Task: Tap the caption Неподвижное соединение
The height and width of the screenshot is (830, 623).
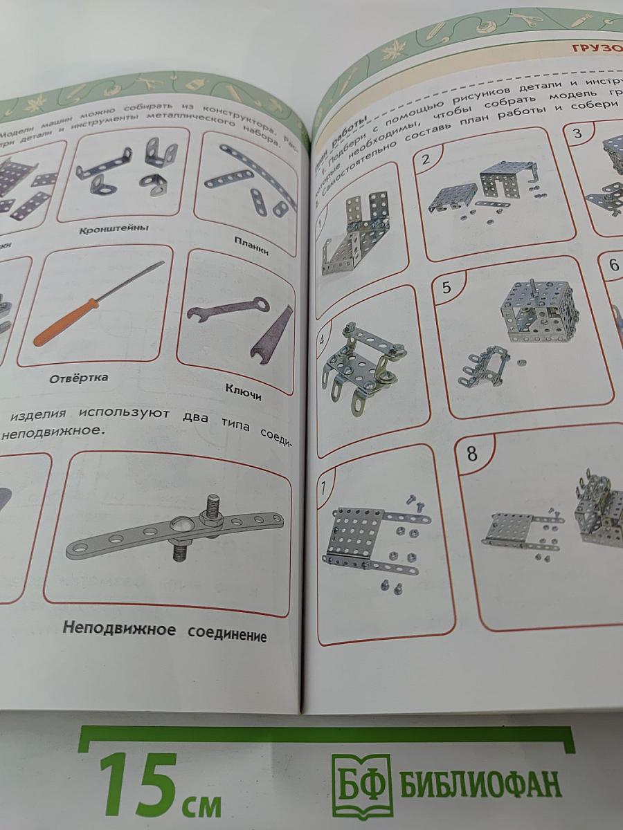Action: [164, 631]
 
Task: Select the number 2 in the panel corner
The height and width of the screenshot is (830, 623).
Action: [426, 158]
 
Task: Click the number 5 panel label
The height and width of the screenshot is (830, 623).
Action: [446, 287]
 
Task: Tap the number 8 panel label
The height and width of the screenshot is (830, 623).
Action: [471, 454]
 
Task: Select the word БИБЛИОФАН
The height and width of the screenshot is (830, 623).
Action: [480, 784]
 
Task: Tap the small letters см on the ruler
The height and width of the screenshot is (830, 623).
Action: [202, 805]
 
